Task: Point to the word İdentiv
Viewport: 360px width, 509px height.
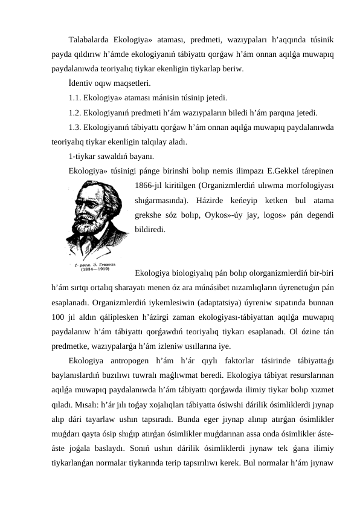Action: tap(81, 83)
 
